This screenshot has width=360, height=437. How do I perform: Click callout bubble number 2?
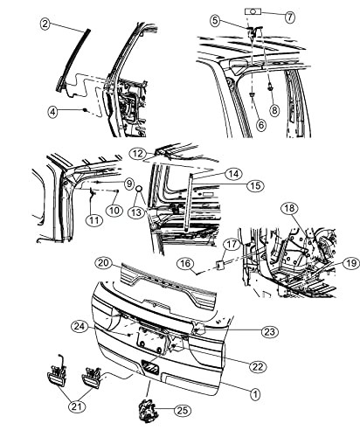45,24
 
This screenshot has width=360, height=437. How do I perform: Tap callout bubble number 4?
53,112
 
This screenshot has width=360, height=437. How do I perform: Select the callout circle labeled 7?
289,17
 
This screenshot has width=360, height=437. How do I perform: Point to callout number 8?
274,110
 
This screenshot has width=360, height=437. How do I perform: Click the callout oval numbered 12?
138,154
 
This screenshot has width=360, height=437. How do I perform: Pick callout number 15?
255,186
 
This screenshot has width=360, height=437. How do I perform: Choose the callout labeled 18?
289,208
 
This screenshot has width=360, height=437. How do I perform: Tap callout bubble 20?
104,263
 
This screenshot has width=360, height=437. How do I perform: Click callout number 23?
270,332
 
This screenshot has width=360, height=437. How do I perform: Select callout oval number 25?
183,411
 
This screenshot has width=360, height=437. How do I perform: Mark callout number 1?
255,394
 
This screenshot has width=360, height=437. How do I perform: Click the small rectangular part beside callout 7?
253,11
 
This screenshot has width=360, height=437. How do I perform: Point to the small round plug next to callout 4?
85,110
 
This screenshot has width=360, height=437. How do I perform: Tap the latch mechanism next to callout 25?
148,410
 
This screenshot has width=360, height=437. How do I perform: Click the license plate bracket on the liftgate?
151,340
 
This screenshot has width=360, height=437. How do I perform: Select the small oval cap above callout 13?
139,189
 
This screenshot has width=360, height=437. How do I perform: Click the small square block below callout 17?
219,265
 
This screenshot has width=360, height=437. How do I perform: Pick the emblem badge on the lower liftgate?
150,368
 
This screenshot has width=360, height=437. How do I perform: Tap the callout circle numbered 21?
78,406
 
